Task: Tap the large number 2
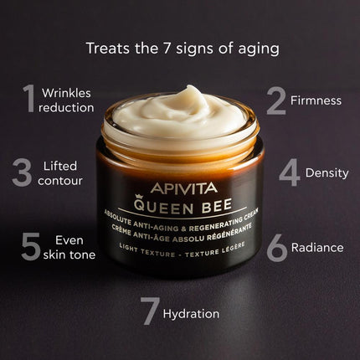tap(276, 100)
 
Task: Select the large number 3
tap(23, 172)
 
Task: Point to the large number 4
tap(289, 172)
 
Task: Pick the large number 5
tap(32, 246)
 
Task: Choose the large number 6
tap(277, 246)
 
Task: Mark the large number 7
tap(150, 311)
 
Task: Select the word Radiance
tap(317, 247)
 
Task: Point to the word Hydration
tap(192, 314)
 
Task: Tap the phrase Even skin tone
tap(69, 246)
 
